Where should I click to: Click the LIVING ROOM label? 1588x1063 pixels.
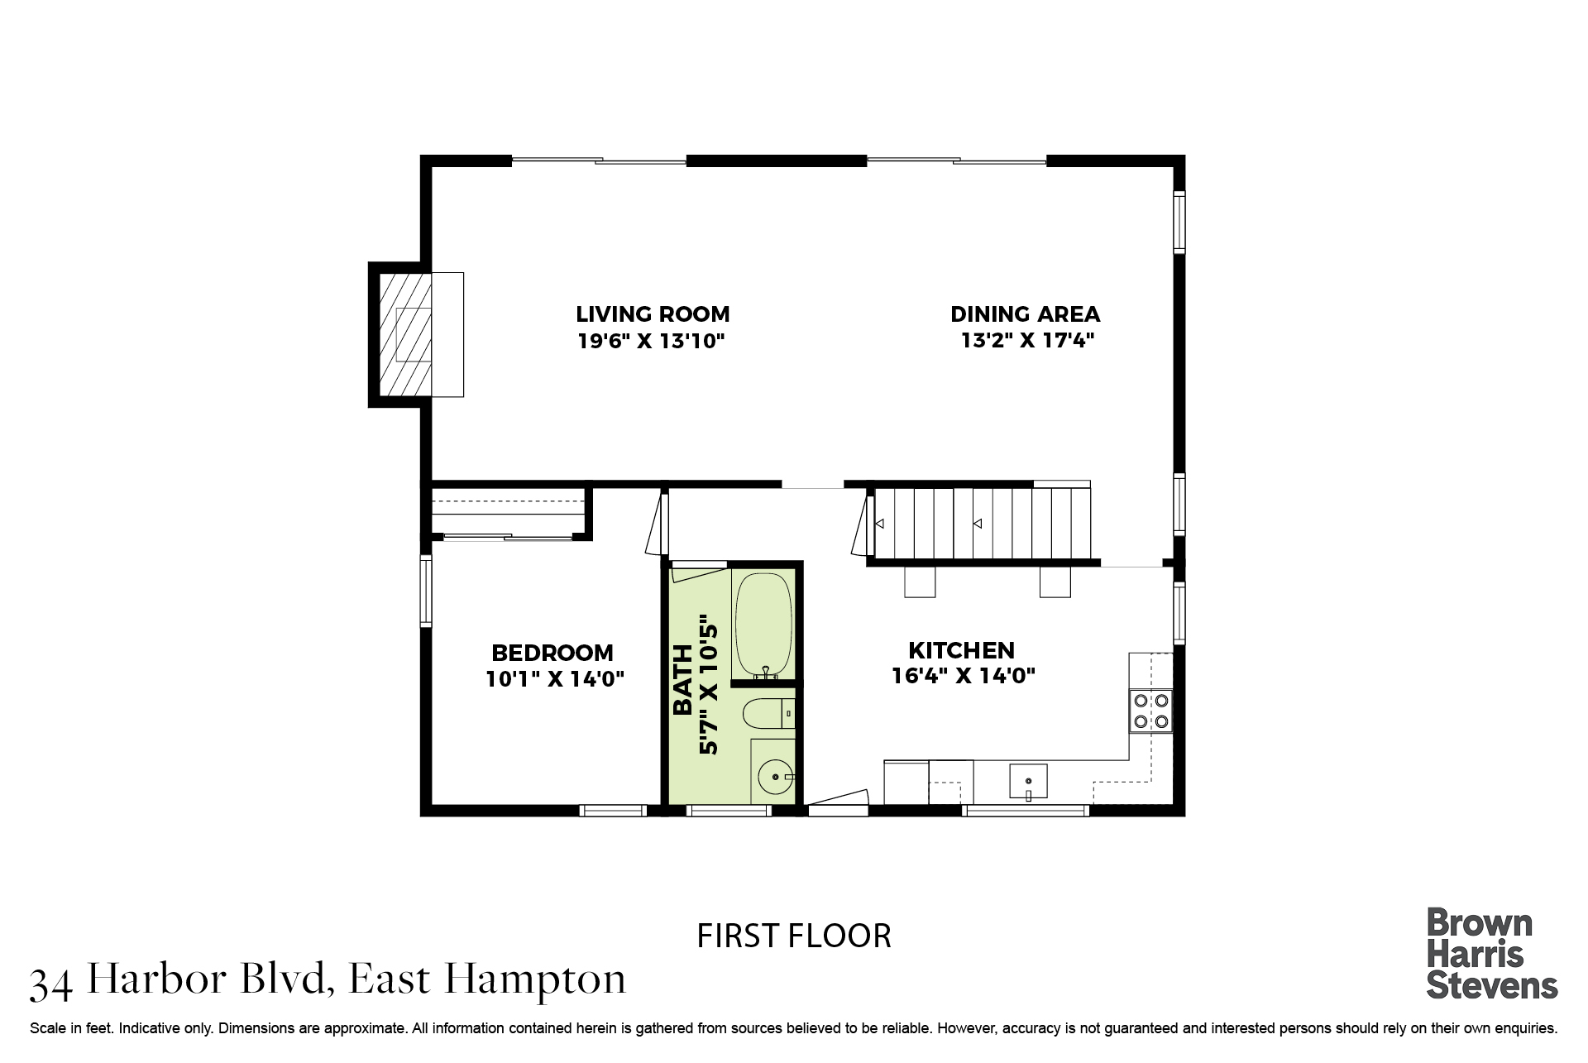click(x=653, y=314)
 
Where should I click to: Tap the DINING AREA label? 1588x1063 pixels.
click(x=1025, y=314)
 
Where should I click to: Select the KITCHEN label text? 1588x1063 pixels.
click(x=961, y=650)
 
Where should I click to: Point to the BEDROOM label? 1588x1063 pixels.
click(x=552, y=653)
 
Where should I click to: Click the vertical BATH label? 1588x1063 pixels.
click(x=683, y=679)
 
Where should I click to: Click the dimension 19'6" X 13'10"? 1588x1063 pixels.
click(x=652, y=341)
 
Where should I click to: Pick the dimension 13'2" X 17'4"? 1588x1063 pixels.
click(x=1027, y=341)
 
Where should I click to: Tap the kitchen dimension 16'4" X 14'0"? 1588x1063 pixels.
click(x=964, y=676)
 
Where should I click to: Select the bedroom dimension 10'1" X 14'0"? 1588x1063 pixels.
click(x=555, y=679)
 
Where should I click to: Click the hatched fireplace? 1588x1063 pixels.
click(x=404, y=334)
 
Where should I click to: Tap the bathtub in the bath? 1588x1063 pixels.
click(x=763, y=625)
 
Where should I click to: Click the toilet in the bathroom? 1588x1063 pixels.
click(x=768, y=713)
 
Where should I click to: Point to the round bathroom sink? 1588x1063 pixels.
click(x=775, y=778)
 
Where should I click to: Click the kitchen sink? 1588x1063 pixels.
click(x=1028, y=781)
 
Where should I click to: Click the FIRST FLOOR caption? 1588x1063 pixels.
click(x=794, y=936)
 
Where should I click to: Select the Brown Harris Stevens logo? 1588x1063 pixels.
click(x=1492, y=954)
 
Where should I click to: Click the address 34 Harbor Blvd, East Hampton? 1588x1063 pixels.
click(x=328, y=981)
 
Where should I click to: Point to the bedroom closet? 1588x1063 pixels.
click(x=508, y=513)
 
